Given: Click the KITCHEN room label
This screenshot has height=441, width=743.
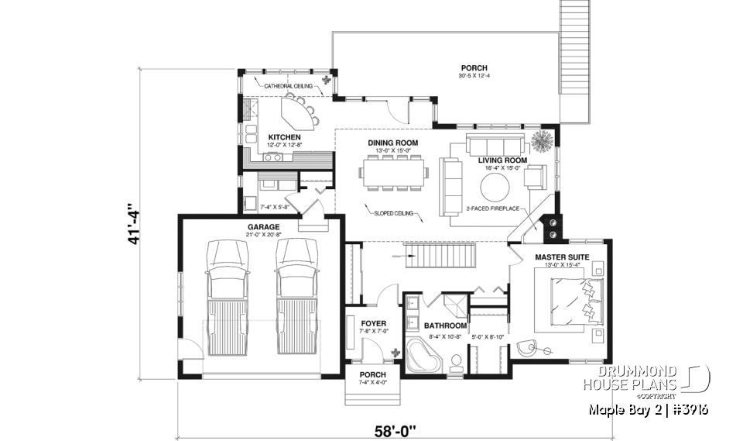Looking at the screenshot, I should click(x=262, y=137).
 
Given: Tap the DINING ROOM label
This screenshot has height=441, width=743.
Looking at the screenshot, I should click(x=393, y=143).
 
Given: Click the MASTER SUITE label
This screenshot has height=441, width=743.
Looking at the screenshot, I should click(x=562, y=257).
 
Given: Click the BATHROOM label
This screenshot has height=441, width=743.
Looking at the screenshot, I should click(x=444, y=326).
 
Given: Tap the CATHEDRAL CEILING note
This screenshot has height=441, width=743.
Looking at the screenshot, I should click(x=288, y=86).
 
